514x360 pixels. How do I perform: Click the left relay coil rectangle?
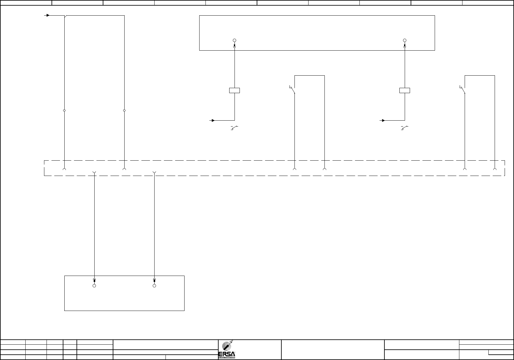tap(235, 91)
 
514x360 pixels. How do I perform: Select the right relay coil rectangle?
tap(405, 91)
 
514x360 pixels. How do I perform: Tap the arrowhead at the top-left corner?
tap(48, 15)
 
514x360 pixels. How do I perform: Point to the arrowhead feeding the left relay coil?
tap(213, 120)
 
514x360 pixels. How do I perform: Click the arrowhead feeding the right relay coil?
tap(383, 120)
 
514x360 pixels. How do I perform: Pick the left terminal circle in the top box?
tap(235, 41)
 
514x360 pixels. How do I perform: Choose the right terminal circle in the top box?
tap(405, 41)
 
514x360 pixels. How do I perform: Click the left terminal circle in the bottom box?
tap(94, 286)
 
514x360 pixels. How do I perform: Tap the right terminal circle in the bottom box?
tap(154, 286)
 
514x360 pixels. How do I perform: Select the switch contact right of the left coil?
tap(293, 90)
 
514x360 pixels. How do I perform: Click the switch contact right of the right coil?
tap(462, 90)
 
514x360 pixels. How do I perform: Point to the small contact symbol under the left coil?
tap(234, 128)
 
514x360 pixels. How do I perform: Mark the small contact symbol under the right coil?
tap(404, 128)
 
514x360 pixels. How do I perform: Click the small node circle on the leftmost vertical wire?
tap(64, 110)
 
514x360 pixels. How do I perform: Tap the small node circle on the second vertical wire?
tap(124, 110)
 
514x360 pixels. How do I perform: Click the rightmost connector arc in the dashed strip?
tap(495, 169)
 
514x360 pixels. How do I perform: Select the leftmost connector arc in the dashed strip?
tap(64, 169)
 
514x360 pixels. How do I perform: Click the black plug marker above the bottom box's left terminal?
tap(94, 280)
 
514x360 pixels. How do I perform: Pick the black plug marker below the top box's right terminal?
tap(405, 46)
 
